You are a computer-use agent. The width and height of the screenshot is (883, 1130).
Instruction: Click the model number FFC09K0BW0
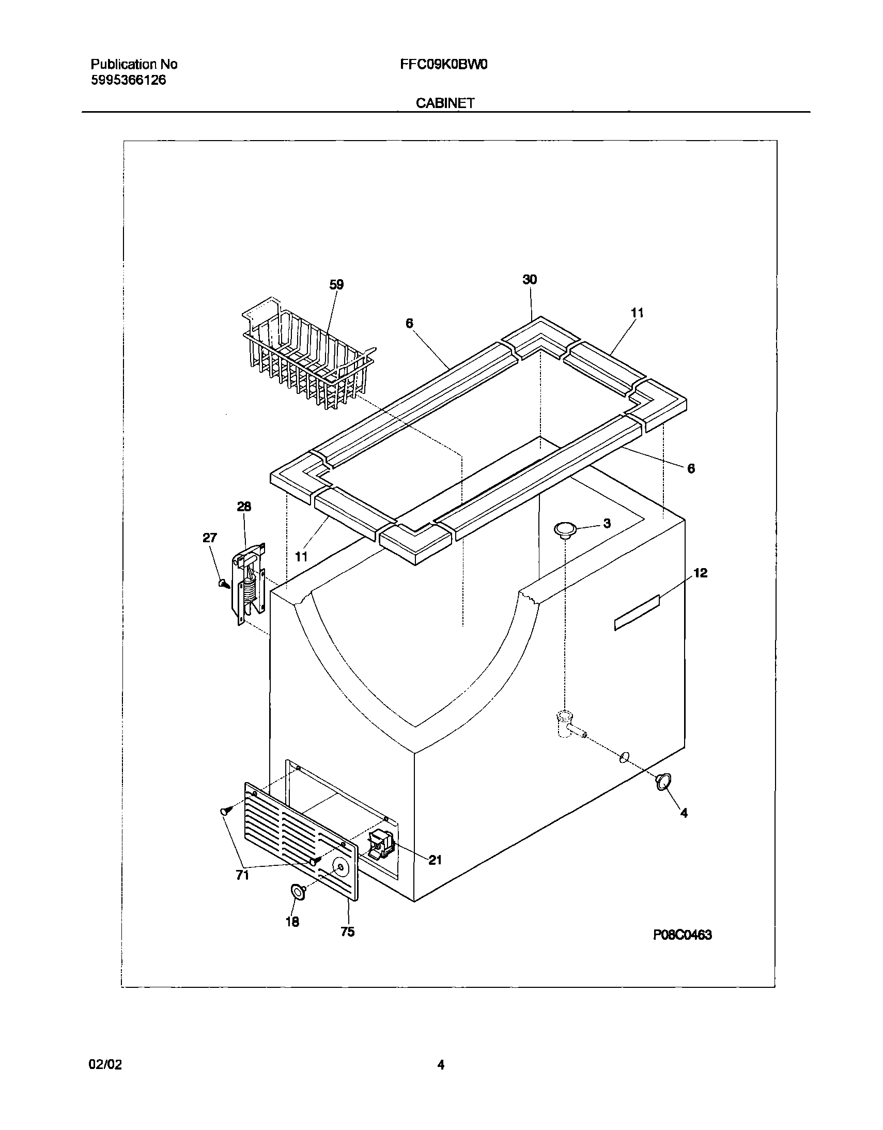point(443,65)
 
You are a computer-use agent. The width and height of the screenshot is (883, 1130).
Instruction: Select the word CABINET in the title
point(445,103)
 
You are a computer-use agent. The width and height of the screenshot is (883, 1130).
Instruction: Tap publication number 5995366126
point(128,80)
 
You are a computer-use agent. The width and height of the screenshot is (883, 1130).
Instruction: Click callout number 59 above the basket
point(336,285)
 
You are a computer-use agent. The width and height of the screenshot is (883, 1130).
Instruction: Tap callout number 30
point(530,280)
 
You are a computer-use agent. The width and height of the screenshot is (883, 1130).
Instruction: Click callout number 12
point(701,573)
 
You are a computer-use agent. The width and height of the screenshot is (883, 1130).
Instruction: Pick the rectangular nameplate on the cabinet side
point(637,613)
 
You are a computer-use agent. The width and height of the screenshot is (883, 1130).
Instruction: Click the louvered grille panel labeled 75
point(300,841)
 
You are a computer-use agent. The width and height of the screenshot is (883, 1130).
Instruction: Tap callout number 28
point(244,507)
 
